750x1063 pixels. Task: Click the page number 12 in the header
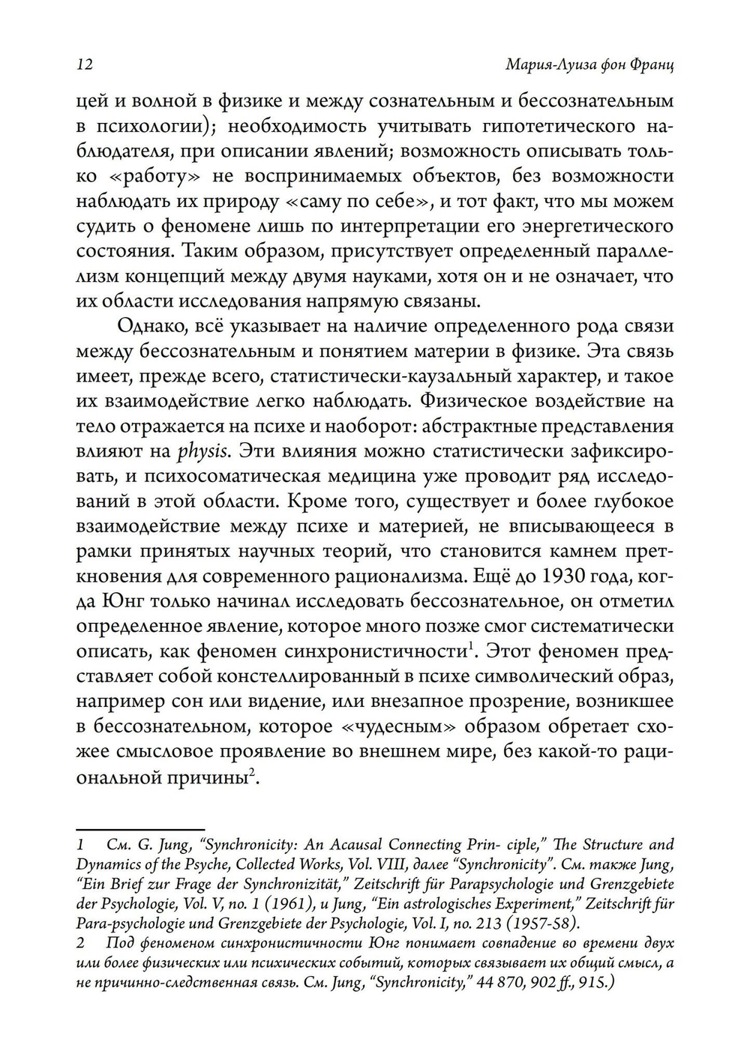click(x=83, y=64)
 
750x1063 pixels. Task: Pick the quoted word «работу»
click(x=142, y=177)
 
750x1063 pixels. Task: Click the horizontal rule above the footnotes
click(x=109, y=830)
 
